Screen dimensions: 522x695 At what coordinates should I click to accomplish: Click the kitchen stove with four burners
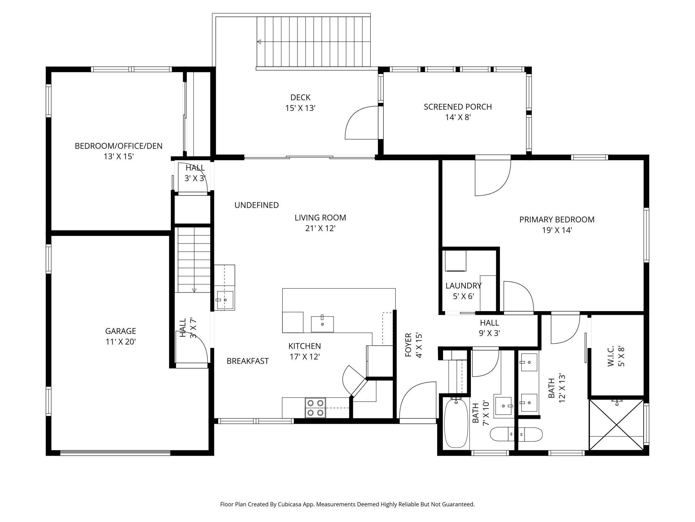(315, 408)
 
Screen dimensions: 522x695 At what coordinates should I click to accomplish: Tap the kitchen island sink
(322, 324)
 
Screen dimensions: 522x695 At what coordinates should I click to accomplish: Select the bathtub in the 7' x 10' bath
(456, 423)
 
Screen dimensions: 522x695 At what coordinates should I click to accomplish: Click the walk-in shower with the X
(616, 425)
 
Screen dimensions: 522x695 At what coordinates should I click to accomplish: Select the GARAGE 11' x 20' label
(120, 336)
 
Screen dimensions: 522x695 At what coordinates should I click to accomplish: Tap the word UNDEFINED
(256, 205)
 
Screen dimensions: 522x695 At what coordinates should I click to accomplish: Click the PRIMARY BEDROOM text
(557, 220)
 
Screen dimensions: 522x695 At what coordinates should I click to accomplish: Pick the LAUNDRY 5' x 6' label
(463, 290)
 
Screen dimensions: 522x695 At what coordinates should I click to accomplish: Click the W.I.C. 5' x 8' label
(616, 356)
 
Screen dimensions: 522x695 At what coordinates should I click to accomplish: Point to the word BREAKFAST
(248, 361)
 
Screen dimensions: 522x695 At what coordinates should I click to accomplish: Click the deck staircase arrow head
(259, 42)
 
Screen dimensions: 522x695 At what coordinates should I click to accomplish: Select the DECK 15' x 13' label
(300, 102)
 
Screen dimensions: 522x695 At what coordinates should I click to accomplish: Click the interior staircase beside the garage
(194, 259)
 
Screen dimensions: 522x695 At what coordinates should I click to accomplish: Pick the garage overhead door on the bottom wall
(115, 452)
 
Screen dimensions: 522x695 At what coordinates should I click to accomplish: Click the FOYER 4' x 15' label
(413, 345)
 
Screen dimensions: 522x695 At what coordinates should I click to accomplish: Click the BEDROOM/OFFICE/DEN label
(118, 151)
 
